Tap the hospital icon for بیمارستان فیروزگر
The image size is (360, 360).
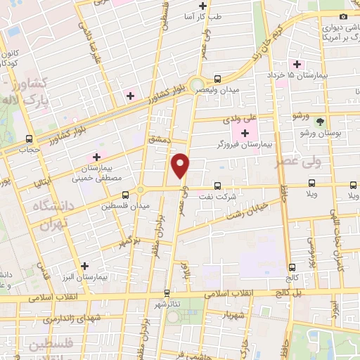pos(245,133)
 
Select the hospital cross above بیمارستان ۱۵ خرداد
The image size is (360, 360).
pos(298,64)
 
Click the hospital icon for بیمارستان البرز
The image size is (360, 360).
pos(85,266)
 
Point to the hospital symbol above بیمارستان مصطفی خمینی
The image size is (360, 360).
pos(96,157)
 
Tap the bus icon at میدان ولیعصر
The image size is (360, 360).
pos(217,79)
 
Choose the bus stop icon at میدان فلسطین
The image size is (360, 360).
pos(125,195)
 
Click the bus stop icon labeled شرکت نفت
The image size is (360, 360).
pos(217,186)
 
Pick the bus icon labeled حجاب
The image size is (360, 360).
pos(29,139)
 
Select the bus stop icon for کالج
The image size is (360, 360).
pos(292,266)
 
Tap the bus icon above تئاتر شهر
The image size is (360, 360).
pos(167,292)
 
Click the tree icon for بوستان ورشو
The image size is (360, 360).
pos(320,122)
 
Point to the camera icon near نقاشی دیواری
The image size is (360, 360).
pos(343,16)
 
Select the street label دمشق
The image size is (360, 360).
pos(160,140)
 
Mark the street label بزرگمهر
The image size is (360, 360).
pos(130,242)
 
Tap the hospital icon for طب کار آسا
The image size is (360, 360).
pos(202,6)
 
